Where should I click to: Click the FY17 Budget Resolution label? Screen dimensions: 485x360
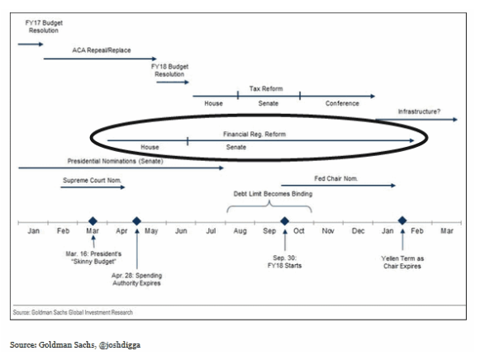coord(44,26)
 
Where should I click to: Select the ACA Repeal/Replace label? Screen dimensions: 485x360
coord(102,50)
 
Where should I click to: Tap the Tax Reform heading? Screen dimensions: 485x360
coord(266,88)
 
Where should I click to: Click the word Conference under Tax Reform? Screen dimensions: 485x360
coord(342,103)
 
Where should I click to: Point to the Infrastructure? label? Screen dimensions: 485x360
coord(419,111)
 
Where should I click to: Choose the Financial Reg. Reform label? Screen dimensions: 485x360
coord(254,134)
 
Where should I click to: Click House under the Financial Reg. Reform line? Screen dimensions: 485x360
coord(150,147)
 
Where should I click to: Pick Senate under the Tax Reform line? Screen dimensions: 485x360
coord(269,103)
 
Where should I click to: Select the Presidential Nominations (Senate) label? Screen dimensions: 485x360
coord(115,161)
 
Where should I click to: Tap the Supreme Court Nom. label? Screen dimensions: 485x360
coord(93,180)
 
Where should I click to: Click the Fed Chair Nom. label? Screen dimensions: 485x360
coord(336,178)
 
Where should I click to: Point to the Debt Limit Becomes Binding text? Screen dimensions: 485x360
coord(273,194)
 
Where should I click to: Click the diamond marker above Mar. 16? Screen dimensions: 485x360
coord(93,221)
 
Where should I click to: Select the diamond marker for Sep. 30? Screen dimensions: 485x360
coord(284,221)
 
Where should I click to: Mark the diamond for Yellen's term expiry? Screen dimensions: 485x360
coord(402,220)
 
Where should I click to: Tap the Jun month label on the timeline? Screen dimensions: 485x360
coord(181,231)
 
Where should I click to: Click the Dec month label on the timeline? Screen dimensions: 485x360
coord(358,231)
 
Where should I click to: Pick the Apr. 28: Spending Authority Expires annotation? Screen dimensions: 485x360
coord(136,279)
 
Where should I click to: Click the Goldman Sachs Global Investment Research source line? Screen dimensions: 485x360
coord(73,312)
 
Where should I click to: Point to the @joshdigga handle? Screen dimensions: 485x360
coord(120,345)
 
